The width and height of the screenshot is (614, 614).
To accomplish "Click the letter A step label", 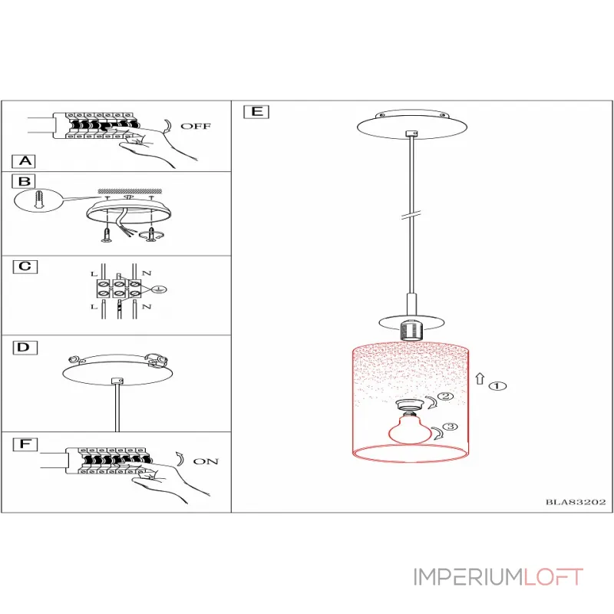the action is (x=24, y=161).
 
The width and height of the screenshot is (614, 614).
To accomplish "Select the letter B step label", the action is (x=24, y=181).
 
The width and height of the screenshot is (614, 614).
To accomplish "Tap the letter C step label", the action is (x=25, y=266).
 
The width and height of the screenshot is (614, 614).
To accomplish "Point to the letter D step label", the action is (x=25, y=348).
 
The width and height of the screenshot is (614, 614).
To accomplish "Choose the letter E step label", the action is (x=256, y=111).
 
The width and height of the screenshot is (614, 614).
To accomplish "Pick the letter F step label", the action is (x=25, y=444).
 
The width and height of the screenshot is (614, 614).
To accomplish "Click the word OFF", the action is (x=196, y=126).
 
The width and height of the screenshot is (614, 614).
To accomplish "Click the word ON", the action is (x=206, y=461).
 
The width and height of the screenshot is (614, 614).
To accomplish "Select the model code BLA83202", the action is (x=576, y=502).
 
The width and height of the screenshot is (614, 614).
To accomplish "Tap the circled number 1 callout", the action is (x=497, y=386).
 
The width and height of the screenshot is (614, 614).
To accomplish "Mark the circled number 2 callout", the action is (x=445, y=396).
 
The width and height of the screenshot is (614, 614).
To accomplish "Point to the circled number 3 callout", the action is (x=451, y=427).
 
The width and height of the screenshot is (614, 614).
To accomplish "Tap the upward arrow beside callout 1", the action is (x=480, y=379).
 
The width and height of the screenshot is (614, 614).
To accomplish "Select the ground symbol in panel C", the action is (x=160, y=290).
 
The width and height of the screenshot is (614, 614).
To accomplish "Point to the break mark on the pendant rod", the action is (x=411, y=215).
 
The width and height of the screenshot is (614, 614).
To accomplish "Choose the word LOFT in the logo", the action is (x=553, y=577).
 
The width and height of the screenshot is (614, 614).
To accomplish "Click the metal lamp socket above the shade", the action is (x=411, y=330).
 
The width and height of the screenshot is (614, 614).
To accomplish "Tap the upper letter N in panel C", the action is (x=147, y=273).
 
